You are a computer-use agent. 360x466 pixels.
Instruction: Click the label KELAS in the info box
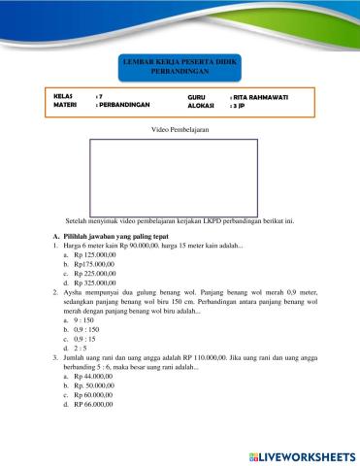[x=66, y=98]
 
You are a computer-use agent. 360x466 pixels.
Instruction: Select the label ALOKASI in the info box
[x=201, y=107]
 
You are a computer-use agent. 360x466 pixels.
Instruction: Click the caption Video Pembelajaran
[x=180, y=130]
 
